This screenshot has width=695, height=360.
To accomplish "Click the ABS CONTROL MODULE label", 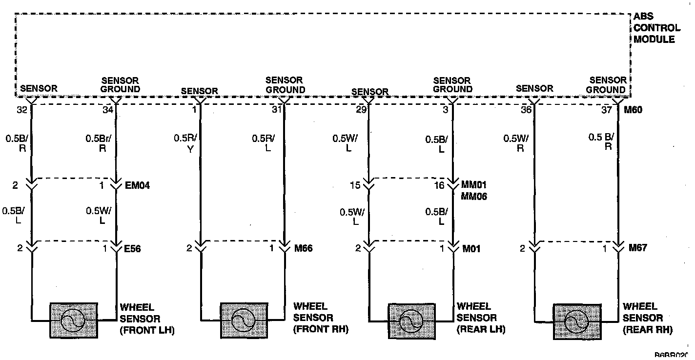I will pos(656,28).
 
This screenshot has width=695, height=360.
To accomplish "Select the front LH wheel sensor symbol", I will pos(73,320).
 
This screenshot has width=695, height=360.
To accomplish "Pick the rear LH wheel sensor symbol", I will pos(411,320).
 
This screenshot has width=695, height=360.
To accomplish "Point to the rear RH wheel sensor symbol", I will pos(576,321).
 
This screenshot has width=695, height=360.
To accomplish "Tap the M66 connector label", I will pos(303,248).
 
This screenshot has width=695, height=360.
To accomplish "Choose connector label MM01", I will pos(474,185).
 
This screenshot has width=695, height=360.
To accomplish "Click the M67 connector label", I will pos(637,248).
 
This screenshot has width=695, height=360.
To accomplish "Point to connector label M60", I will pos(633,110).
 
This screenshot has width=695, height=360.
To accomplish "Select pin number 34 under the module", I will pos(108,110).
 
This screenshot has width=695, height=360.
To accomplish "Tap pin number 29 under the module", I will pos(361,110).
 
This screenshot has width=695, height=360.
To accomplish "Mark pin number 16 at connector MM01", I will pos(439,185).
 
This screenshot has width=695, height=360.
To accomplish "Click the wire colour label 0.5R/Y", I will pos(185,143).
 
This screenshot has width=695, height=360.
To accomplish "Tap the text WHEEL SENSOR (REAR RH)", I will pos(647,319).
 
